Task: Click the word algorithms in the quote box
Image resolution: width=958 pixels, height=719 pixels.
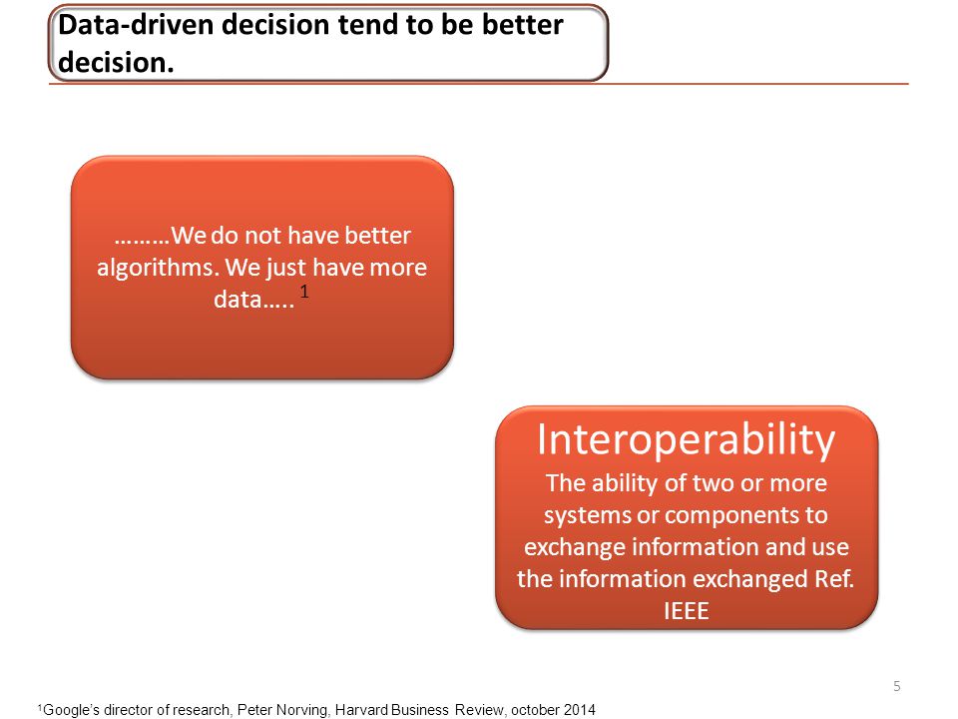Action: click(158, 269)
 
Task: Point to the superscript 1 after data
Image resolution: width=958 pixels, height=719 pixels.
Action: click(304, 291)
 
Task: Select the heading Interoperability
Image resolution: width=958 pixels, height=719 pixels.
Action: click(687, 440)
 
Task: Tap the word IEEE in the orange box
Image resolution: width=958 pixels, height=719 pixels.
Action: click(687, 611)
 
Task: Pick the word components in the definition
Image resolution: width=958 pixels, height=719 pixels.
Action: click(730, 515)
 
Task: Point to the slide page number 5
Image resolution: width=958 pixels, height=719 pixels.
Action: click(897, 686)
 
